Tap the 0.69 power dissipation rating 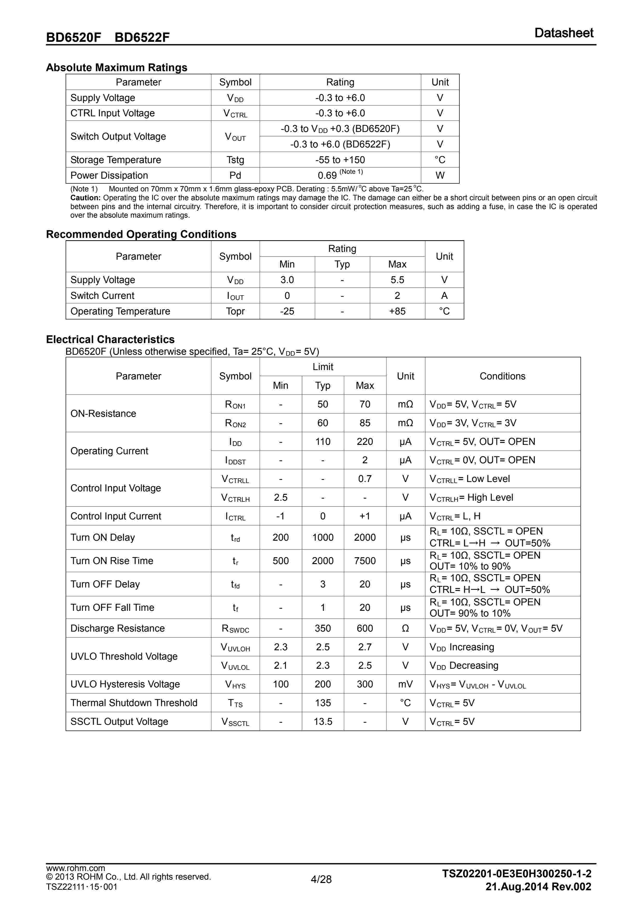(327, 175)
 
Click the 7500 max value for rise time (365, 561)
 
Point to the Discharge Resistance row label (117, 628)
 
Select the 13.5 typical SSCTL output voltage (323, 721)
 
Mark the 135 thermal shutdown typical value (323, 703)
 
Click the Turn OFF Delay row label (105, 584)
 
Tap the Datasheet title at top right (564, 33)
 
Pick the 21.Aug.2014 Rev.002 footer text (538, 887)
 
